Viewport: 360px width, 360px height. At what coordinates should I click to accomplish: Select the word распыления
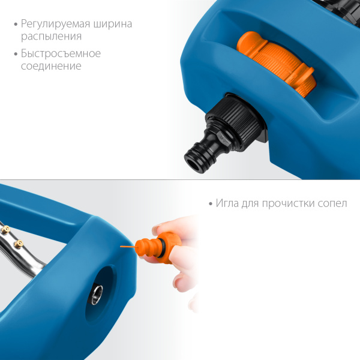coord(51,37)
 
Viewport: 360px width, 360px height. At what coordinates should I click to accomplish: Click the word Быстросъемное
coord(61,54)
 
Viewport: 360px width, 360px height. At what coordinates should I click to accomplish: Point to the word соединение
coord(51,66)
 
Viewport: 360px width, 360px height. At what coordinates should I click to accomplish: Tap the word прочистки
coord(289,204)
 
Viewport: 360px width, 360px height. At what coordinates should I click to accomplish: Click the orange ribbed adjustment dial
coord(277,63)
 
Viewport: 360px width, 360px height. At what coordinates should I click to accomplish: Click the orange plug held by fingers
coord(158,247)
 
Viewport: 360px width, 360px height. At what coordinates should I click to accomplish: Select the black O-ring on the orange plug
coord(162,247)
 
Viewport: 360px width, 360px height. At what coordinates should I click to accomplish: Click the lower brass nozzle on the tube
coord(19,244)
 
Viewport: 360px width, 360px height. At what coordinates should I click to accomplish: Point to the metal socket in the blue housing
coord(97,295)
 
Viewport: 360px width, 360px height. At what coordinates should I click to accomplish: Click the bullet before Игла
coord(211,204)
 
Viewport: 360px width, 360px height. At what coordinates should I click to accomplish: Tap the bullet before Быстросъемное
coord(16,54)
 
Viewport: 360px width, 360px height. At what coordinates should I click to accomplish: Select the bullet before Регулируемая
coord(16,25)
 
